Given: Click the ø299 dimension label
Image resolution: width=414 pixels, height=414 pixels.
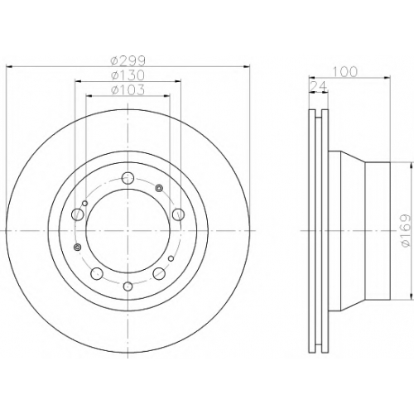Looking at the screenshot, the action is point(128,61).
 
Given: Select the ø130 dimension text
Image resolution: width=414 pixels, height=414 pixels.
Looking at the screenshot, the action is point(128,75).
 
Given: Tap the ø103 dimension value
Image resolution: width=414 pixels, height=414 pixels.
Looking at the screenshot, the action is point(128,90).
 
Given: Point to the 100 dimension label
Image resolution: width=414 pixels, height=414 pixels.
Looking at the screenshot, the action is point(344,72).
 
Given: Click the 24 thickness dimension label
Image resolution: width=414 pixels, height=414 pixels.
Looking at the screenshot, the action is point(319,86).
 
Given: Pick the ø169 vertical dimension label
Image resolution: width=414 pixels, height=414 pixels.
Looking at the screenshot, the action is point(406,231).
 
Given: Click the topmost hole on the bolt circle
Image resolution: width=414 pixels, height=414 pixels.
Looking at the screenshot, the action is point(128,177).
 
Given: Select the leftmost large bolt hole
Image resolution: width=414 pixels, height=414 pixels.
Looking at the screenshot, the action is point(77,214).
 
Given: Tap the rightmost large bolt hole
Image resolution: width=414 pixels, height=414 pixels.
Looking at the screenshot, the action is point(178,214).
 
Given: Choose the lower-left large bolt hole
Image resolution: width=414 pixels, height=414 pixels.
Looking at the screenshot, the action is point(97,273).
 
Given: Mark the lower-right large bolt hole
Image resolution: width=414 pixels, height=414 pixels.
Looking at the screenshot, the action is point(159,273).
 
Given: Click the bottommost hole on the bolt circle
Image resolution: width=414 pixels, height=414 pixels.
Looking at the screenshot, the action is point(128,286).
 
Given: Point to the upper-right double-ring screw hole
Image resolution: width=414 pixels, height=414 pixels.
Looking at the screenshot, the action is point(159,188).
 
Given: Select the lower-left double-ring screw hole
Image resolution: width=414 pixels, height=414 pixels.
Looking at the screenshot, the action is point(78,247).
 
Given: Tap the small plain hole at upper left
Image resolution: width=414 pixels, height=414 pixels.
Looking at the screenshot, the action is point(85,204).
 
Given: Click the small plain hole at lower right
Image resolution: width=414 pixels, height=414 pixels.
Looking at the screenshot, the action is point(171,258).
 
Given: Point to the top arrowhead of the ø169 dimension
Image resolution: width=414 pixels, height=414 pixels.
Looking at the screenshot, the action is point(412,166).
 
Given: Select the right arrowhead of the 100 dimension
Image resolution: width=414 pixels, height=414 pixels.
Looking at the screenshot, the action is point(387,78).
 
